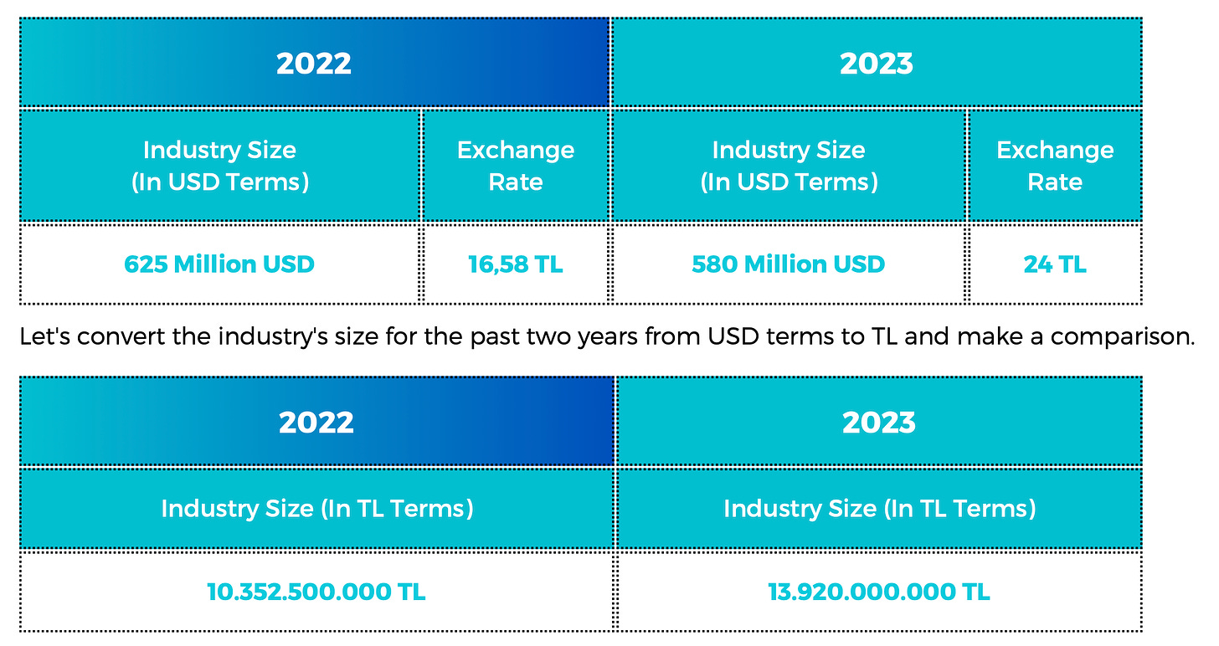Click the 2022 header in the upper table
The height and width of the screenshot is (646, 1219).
pyautogui.click(x=314, y=64)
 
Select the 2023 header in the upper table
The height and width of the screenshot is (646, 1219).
pyautogui.click(x=876, y=64)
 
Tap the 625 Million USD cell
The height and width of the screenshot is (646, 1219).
pyautogui.click(x=219, y=264)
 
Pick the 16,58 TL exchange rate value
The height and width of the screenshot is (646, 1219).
pyautogui.click(x=516, y=264)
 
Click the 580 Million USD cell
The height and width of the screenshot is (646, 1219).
pyautogui.click(x=788, y=264)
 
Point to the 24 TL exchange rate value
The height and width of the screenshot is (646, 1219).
pyautogui.click(x=1055, y=264)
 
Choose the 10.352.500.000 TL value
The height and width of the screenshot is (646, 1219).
pyautogui.click(x=316, y=592)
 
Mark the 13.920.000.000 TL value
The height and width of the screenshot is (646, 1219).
pyautogui.click(x=879, y=592)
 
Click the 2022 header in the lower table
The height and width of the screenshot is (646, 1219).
pyautogui.click(x=316, y=423)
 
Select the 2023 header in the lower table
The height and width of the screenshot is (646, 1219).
pyautogui.click(x=879, y=423)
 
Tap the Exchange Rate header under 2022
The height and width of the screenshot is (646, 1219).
pyautogui.click(x=516, y=166)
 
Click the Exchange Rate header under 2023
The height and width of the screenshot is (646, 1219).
pyautogui.click(x=1055, y=166)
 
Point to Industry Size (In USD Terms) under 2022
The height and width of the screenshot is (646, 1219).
pyautogui.click(x=220, y=166)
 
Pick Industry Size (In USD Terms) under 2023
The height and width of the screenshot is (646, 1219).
pyautogui.click(x=789, y=166)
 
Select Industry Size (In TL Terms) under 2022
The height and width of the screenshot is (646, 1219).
pyautogui.click(x=317, y=509)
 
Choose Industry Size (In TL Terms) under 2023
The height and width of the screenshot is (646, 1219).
pyautogui.click(x=879, y=509)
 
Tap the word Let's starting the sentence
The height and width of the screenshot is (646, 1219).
pyautogui.click(x=45, y=336)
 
